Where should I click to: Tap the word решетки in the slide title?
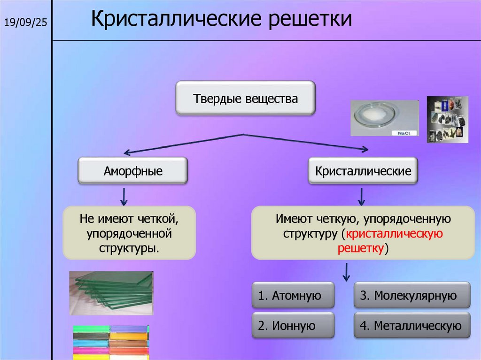coord(300,20)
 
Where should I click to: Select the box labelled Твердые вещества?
coord(245,99)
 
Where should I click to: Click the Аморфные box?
coord(133,171)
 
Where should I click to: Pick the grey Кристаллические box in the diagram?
coord(363,171)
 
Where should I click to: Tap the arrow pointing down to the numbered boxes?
coord(346,272)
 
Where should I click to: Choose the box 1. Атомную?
coord(293,296)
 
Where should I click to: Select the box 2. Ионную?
coord(293,326)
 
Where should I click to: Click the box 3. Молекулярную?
coord(411,296)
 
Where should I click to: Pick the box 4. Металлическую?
coord(411,326)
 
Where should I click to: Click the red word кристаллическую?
coord(393,233)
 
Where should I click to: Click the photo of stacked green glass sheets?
coord(111,292)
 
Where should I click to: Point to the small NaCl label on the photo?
coord(403,133)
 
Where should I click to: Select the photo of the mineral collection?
coord(447,119)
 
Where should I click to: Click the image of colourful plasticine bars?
coord(111,342)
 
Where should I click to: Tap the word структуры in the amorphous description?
coord(128,247)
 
